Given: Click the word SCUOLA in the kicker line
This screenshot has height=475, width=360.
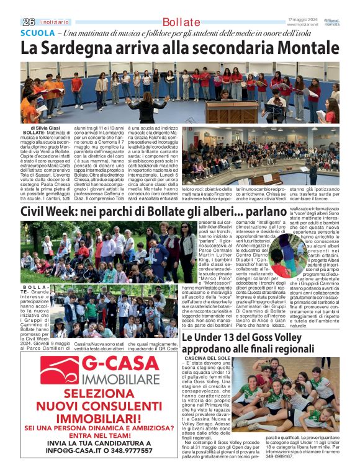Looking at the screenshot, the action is (37, 33).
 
